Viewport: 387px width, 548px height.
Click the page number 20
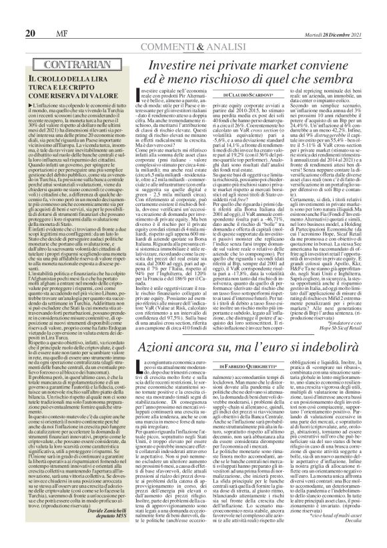pos(29,15)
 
